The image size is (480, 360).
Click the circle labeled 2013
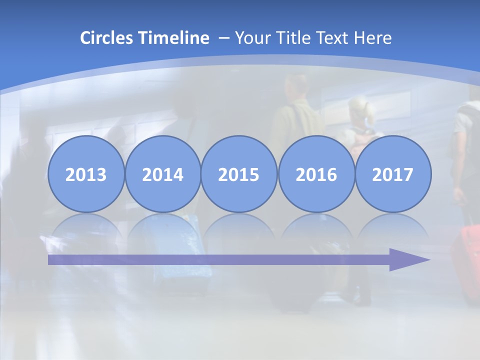(x=86, y=174)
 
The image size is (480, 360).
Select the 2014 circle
(x=162, y=174)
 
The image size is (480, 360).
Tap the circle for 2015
(x=239, y=174)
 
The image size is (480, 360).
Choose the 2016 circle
(x=316, y=174)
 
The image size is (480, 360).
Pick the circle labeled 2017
(x=393, y=174)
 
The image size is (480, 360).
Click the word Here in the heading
(x=373, y=38)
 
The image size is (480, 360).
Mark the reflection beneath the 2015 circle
(x=239, y=227)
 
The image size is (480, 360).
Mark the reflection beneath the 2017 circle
(x=393, y=227)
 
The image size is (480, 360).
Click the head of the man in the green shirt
(x=298, y=86)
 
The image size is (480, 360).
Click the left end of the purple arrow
(x=50, y=259)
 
